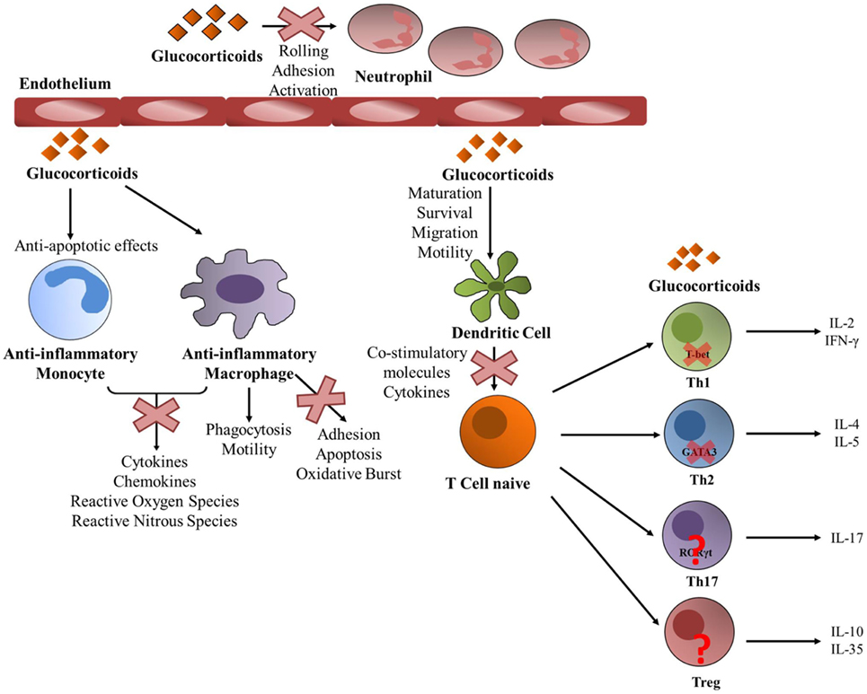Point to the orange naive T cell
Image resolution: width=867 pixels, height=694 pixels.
(497, 433)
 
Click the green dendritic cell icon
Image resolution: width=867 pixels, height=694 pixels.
(497, 286)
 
